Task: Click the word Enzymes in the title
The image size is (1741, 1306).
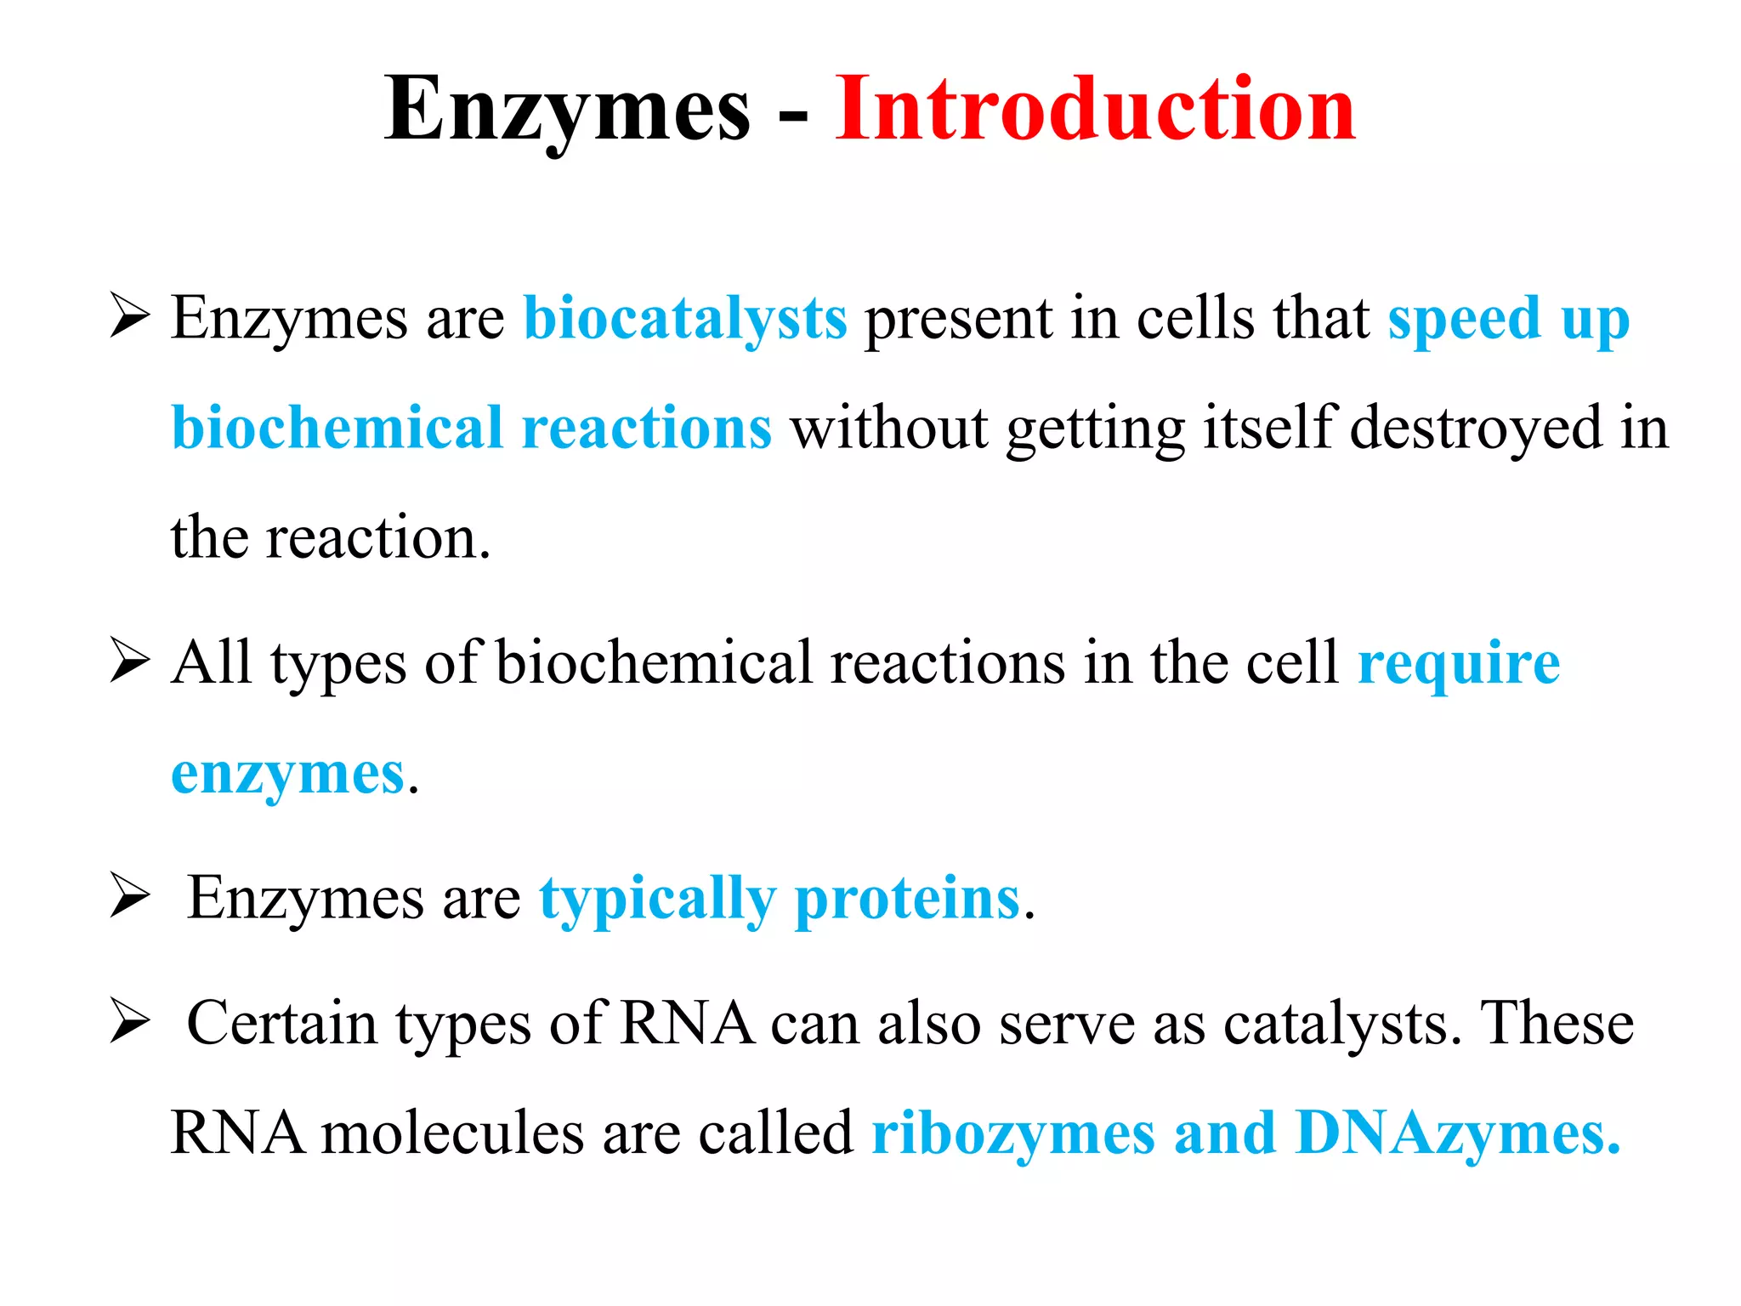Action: [567, 111]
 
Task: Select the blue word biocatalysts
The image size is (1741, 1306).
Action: [685, 319]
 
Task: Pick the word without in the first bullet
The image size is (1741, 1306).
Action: [889, 428]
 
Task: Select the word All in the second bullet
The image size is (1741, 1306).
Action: [211, 662]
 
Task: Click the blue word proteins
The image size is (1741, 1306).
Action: [907, 899]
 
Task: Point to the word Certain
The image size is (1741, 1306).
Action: [281, 1023]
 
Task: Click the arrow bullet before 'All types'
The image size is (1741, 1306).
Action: [130, 662]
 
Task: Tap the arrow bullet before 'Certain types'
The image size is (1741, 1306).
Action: [130, 1023]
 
